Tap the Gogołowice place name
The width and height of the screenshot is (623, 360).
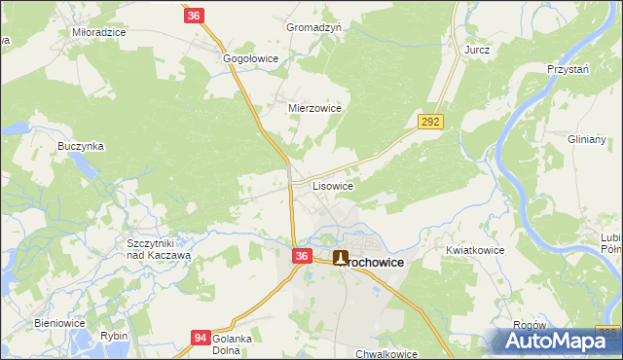[x=251, y=58]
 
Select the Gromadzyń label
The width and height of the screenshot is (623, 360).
[x=313, y=27]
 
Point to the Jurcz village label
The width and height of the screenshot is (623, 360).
[x=477, y=49]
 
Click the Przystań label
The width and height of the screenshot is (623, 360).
[x=569, y=69]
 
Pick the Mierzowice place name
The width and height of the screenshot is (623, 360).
[x=314, y=108]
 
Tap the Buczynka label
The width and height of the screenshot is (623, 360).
[x=81, y=146]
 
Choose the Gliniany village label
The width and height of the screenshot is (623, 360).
[x=587, y=139]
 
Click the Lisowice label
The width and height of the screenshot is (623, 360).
[x=332, y=184]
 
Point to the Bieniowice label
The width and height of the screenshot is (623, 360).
[x=60, y=322]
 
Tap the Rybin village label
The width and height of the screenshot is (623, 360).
[x=113, y=335]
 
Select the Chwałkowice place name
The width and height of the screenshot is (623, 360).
[x=386, y=354]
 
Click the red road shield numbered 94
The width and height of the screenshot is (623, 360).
[x=200, y=337]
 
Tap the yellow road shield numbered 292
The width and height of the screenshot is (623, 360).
[x=431, y=122]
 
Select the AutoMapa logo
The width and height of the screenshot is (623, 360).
[x=552, y=341]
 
